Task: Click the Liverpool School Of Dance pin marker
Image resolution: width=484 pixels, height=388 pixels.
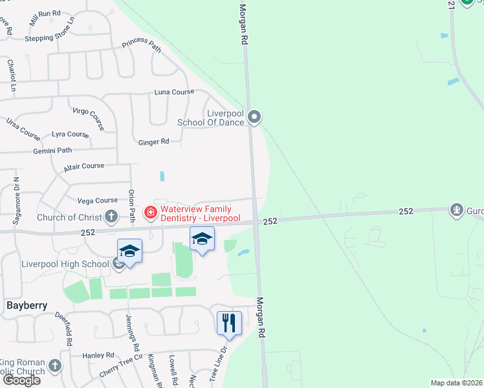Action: (254, 117)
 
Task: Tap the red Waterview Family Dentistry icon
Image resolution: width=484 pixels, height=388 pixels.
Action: (150, 211)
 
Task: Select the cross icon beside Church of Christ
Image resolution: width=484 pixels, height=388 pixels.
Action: (111, 217)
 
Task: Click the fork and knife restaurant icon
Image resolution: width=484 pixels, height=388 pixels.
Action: (228, 323)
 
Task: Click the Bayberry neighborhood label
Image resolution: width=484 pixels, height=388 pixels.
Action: (27, 305)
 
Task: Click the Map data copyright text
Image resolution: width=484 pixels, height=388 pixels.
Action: (456, 383)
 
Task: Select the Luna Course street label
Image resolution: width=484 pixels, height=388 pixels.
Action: (173, 92)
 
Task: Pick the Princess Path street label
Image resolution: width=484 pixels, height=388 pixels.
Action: (141, 44)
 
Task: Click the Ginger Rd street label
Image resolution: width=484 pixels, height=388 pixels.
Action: (153, 141)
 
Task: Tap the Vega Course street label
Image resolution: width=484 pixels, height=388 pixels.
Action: (98, 200)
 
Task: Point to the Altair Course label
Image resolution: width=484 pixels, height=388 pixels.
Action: (84, 167)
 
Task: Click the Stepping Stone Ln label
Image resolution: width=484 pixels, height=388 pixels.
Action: (50, 38)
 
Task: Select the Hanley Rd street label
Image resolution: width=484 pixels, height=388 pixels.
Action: (98, 356)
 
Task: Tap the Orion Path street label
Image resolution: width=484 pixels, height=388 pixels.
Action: (131, 206)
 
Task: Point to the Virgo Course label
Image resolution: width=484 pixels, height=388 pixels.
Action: (88, 118)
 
